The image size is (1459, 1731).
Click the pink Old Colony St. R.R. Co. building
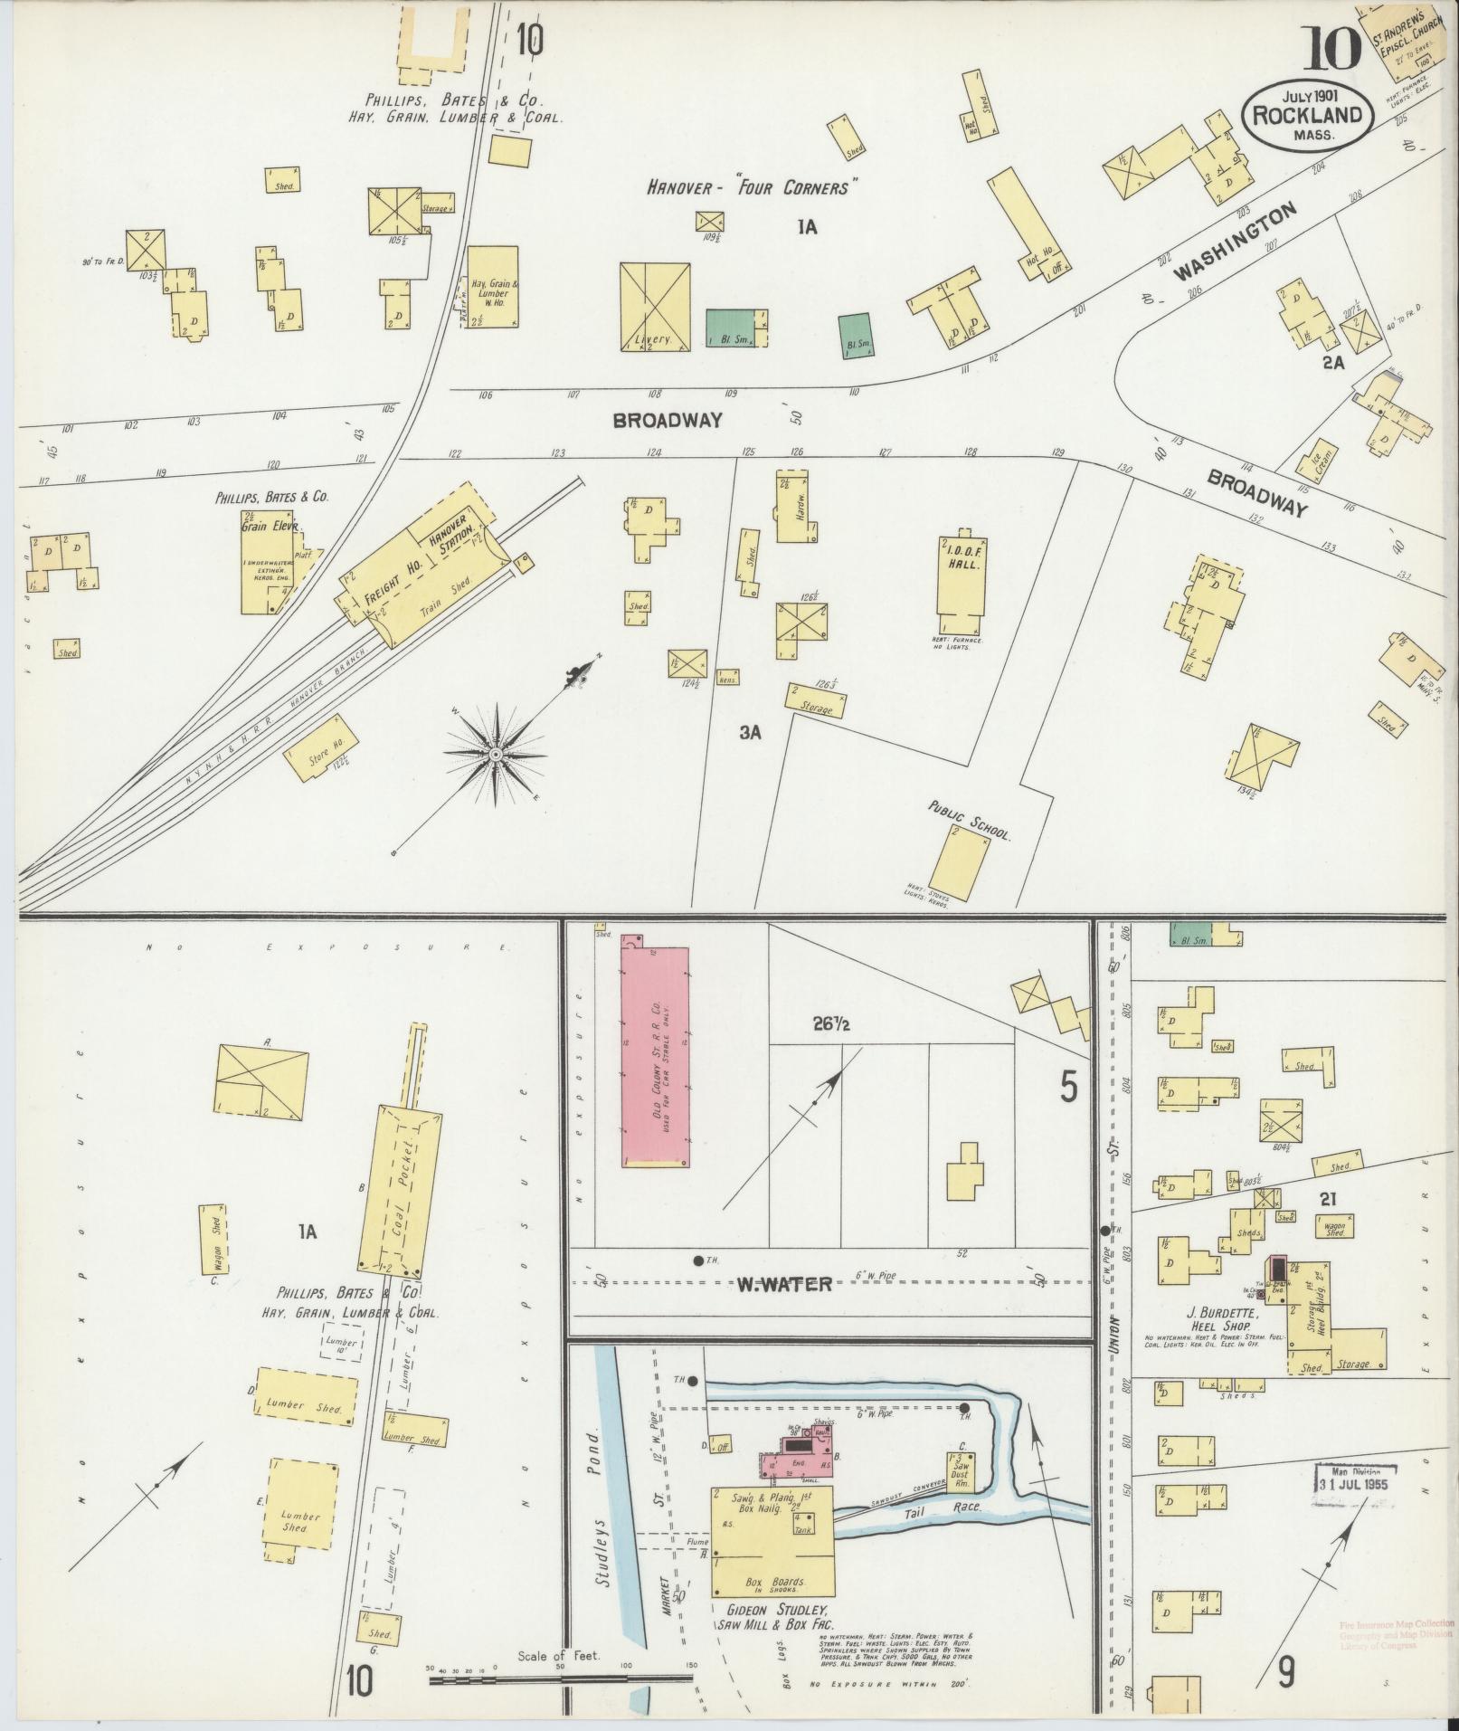[x=655, y=1057]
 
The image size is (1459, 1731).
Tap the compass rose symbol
[x=496, y=754]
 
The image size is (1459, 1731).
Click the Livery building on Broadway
[x=655, y=306]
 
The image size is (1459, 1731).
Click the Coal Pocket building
[x=403, y=1185]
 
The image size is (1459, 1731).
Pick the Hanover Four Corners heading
[x=751, y=187]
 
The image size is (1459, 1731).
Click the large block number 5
[x=1069, y=1088]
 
